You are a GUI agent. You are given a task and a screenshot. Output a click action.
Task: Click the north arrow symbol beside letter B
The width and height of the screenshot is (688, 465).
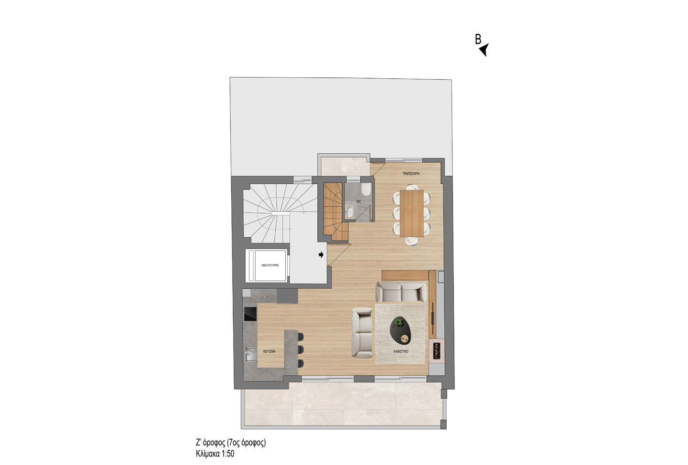[484, 50]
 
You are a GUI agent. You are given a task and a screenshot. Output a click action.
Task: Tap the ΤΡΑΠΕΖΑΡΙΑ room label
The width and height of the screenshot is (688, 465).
[411, 173]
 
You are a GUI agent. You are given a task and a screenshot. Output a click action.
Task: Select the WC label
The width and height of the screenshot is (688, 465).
[358, 201]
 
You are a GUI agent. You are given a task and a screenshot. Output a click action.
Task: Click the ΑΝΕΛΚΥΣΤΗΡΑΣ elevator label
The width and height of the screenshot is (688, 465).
[270, 265]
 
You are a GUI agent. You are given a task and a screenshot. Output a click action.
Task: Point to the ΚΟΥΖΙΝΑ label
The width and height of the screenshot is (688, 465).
[269, 351]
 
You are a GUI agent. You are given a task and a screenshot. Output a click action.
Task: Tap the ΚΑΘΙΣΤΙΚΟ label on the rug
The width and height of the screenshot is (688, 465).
[401, 351]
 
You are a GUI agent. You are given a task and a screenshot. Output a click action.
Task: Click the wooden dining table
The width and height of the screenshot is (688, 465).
[412, 213]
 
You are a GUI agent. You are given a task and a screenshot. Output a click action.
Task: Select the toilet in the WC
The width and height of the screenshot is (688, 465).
[366, 190]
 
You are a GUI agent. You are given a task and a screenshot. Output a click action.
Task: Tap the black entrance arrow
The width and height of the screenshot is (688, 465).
[321, 254]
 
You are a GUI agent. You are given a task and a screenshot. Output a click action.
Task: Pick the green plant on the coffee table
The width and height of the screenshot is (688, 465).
[398, 323]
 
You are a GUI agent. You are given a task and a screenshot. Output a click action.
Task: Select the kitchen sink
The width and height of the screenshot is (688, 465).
[250, 355]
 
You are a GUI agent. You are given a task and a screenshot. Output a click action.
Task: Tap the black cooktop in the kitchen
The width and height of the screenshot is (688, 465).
[250, 314]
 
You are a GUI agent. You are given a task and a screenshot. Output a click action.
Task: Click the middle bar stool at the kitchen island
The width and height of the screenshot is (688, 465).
[301, 349]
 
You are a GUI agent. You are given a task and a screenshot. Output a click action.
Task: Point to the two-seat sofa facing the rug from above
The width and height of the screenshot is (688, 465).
[401, 292]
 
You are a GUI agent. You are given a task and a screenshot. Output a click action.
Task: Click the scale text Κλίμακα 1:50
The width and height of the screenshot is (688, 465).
[215, 454]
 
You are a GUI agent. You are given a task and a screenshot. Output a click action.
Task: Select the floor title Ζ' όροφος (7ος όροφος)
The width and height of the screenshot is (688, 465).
[231, 443]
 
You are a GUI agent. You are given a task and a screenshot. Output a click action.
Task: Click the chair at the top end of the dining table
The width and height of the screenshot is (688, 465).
[411, 187]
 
